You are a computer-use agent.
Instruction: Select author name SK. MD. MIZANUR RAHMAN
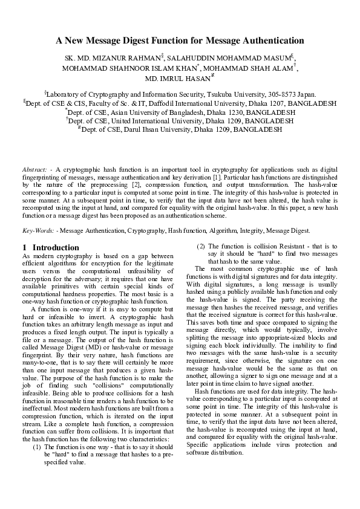pyautogui.click(x=112, y=57)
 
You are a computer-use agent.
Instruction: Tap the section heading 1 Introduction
pyautogui.click(x=50, y=248)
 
